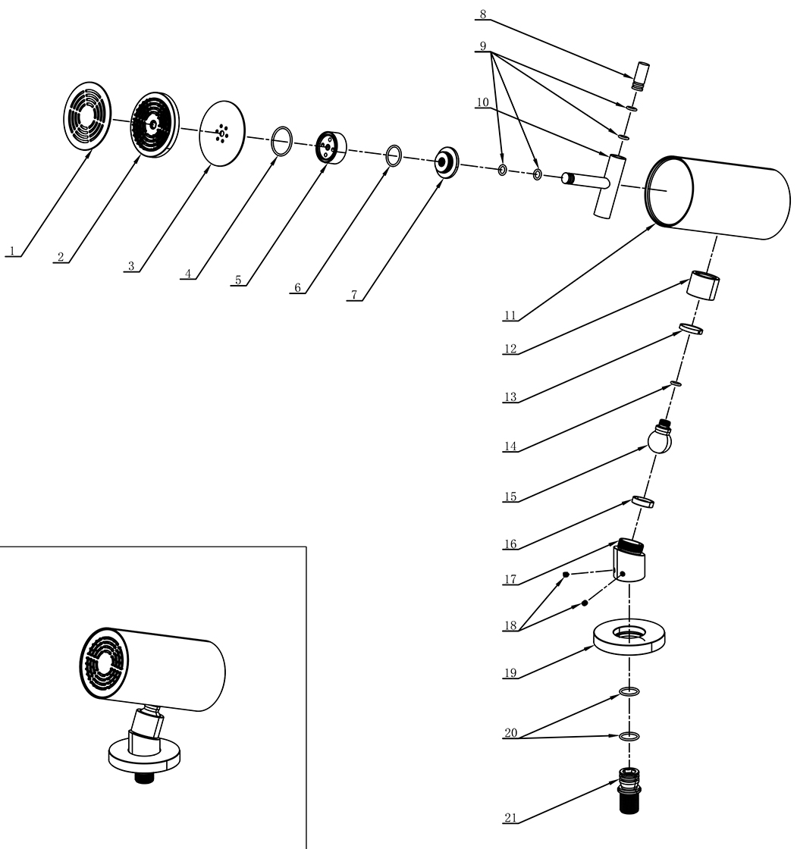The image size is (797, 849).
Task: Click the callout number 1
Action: coord(11,249)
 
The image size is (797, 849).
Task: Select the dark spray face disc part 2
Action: coord(155,125)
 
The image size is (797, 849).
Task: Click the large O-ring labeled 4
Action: coord(281,141)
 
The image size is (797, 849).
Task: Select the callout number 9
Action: coord(482,46)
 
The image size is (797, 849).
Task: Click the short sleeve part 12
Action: coord(703,287)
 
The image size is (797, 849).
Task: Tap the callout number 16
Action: coord(510,544)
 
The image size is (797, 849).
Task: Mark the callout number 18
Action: coord(510,625)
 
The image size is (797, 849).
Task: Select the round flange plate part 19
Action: coord(629,638)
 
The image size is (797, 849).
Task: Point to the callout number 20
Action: coord(510,733)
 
